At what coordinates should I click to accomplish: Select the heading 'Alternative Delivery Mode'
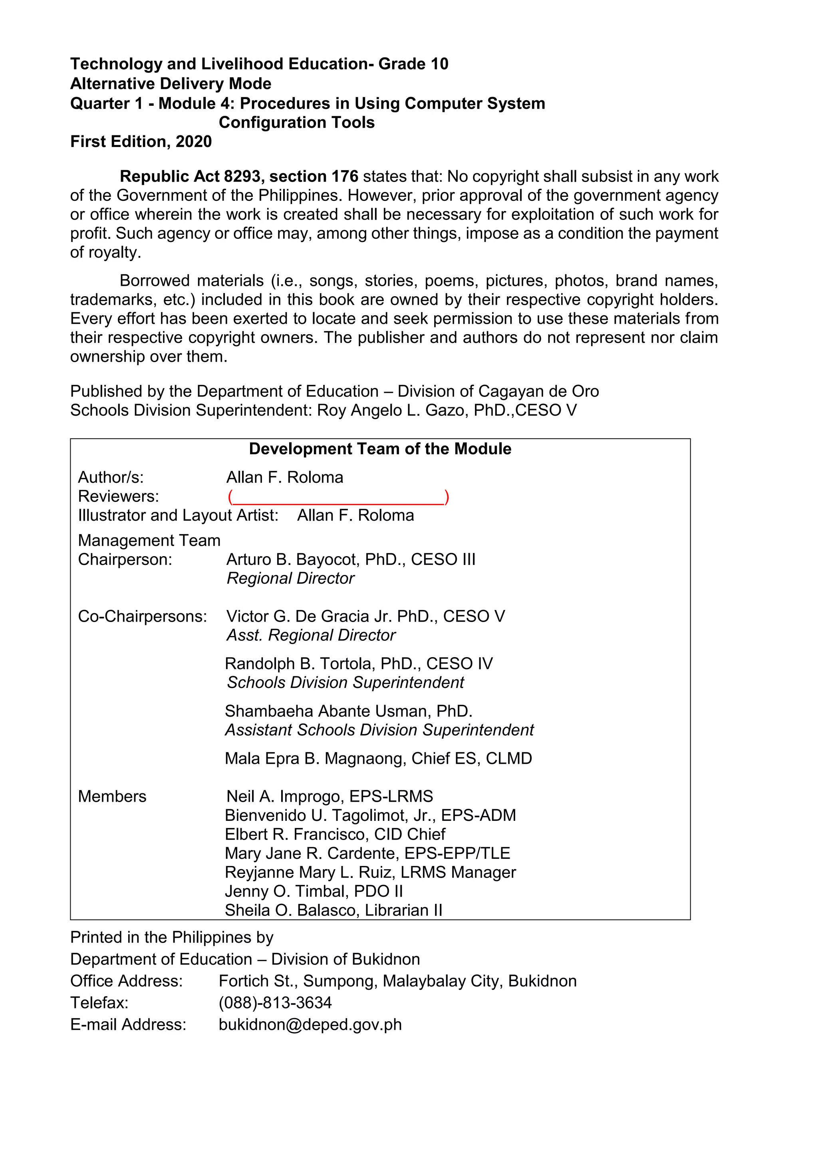point(171,84)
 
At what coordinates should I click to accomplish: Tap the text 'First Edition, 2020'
point(141,142)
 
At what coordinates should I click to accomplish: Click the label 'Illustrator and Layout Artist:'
point(178,515)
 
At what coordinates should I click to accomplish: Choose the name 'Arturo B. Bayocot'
point(290,559)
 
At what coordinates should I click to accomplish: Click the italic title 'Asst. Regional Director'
point(311,636)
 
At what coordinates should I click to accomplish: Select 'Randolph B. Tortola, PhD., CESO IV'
point(358,664)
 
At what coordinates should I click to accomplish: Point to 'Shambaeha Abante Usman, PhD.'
point(348,711)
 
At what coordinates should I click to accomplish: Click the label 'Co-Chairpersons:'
point(142,616)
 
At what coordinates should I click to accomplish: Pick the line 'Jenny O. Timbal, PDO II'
point(314,891)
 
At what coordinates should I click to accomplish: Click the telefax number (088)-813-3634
point(275,1003)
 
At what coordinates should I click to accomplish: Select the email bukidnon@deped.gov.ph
point(310,1024)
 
